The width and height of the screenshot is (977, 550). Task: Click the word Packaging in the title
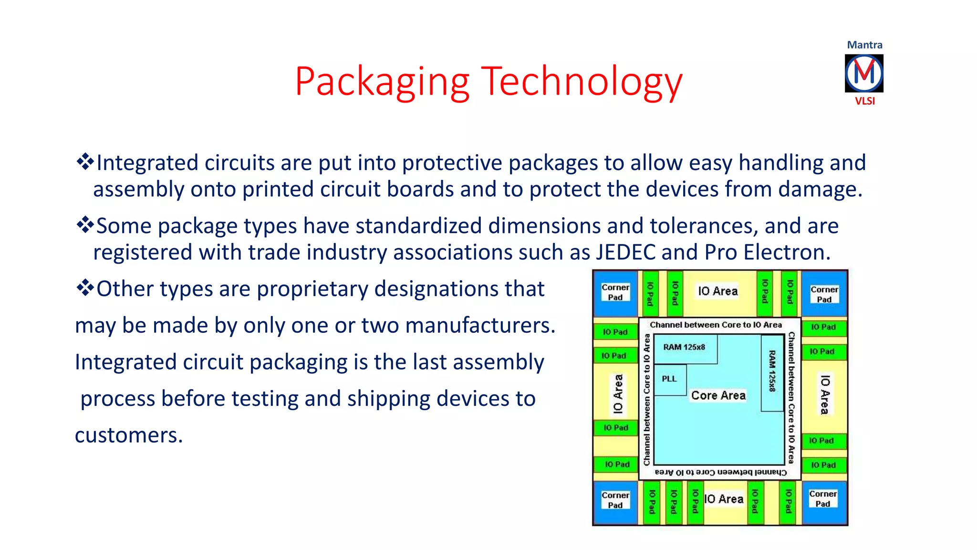382,82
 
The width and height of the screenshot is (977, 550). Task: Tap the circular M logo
864,73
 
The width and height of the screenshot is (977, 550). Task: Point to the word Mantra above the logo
864,45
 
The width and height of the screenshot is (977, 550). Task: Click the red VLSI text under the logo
864,101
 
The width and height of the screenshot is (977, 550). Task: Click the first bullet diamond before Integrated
85,162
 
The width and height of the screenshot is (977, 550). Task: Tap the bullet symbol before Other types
85,288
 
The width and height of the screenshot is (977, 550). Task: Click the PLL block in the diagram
669,379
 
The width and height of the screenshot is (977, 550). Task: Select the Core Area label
718,395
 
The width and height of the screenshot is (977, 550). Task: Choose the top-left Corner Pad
615,293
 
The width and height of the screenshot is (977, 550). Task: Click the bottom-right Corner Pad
823,499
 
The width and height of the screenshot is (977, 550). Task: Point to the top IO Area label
717,291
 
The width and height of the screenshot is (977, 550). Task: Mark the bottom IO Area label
724,499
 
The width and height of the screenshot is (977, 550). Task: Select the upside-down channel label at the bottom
720,472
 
